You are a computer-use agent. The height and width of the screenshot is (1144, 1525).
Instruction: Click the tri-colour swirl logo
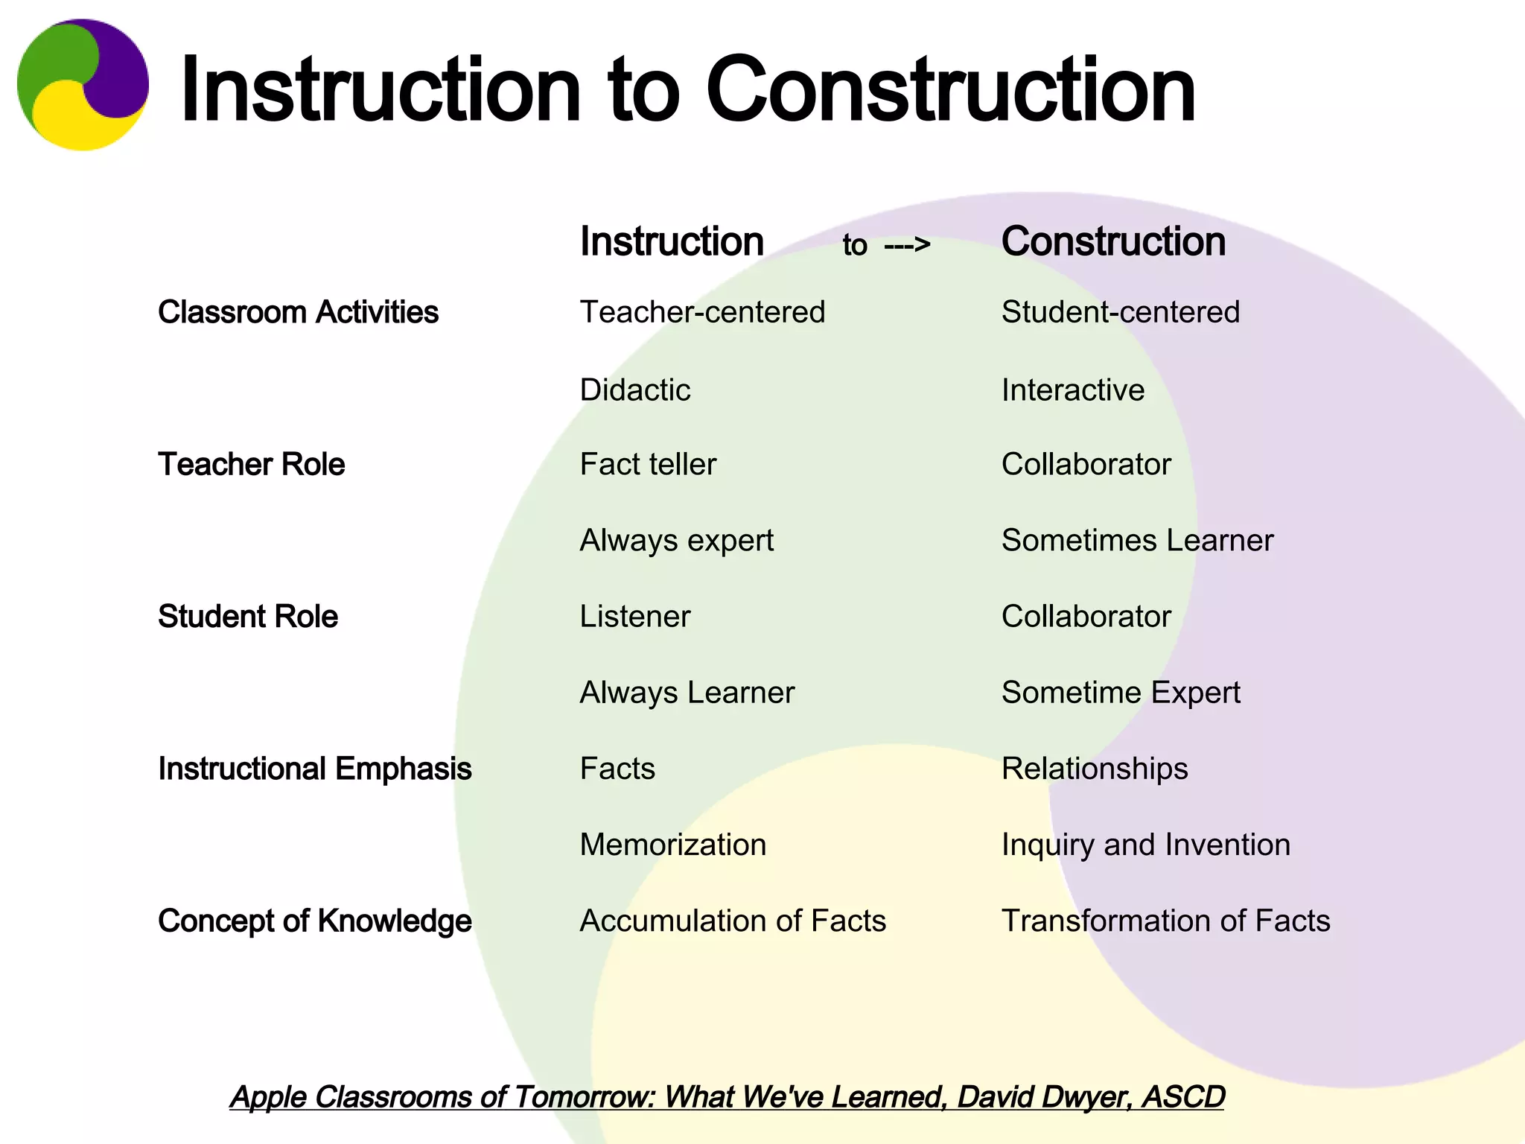point(83,85)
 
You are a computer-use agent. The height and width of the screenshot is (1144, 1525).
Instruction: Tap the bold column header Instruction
point(672,242)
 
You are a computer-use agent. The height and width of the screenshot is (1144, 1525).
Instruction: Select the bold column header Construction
point(1113,242)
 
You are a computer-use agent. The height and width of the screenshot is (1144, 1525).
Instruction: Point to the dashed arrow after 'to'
point(907,244)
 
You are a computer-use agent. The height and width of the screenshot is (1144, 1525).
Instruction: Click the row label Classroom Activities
point(298,312)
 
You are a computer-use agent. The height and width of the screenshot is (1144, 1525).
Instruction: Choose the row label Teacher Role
point(251,464)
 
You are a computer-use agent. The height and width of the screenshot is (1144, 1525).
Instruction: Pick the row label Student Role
point(247,617)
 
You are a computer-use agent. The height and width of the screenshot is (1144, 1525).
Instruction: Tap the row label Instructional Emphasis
point(314,769)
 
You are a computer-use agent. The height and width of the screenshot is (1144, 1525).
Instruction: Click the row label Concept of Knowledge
point(314,921)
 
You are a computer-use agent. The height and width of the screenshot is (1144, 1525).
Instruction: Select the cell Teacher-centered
point(702,312)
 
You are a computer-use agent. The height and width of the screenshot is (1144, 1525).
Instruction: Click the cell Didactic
point(635,390)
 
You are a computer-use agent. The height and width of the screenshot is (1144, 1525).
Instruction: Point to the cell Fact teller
point(648,464)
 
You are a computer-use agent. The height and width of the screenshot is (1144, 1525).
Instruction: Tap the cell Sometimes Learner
point(1137,541)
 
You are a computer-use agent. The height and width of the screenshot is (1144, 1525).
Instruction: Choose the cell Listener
point(635,617)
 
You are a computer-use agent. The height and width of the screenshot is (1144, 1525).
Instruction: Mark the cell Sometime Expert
point(1121,693)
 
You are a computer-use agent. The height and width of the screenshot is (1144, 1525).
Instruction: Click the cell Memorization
point(673,845)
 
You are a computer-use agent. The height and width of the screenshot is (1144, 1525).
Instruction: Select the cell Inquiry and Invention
point(1145,845)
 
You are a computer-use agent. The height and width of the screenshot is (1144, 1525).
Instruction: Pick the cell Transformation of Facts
point(1165,921)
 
